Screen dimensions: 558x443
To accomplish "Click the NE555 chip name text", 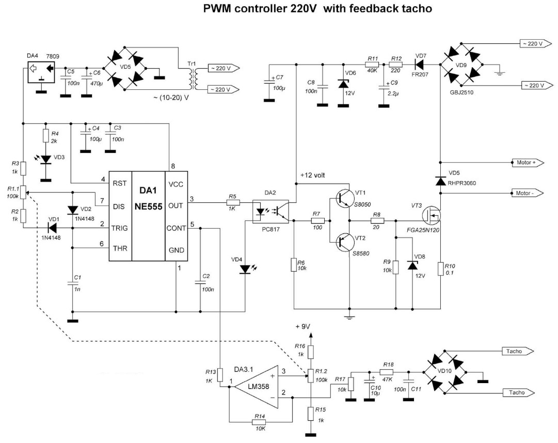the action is pos(148,207).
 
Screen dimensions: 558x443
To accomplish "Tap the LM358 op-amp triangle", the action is pos(257,387).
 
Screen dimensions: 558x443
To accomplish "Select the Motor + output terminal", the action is pos(528,163).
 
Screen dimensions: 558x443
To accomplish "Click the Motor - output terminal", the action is pos(528,193).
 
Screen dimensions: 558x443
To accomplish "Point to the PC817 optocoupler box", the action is pos(270,212).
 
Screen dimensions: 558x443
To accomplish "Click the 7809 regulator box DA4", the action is pos(42,72).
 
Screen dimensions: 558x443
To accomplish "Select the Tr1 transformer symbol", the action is pos(193,78).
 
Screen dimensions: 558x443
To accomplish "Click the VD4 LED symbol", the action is pos(246,269).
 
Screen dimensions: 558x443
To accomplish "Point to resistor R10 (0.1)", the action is pos(440,268).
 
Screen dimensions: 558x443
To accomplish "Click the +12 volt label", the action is pos(312,175).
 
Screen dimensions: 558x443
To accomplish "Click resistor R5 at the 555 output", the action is pos(233,202).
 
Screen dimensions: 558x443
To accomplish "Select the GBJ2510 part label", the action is pos(461,92).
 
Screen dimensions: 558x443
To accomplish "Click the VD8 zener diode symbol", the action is pos(412,265).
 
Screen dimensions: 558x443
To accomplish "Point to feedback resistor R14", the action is pos(259,422).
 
